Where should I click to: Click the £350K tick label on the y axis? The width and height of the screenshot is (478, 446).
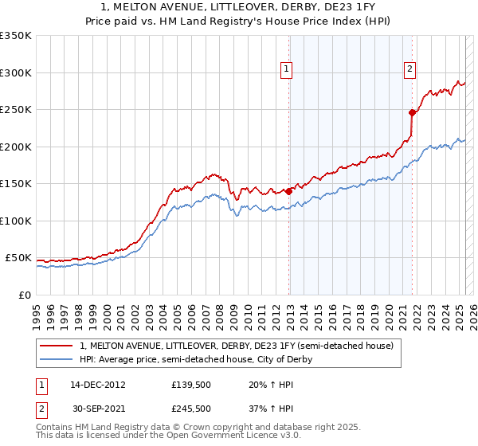pos(15,36)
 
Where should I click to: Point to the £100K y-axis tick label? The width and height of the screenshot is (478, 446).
pos(15,221)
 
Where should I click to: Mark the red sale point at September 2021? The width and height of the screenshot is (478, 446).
pos(413,113)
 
